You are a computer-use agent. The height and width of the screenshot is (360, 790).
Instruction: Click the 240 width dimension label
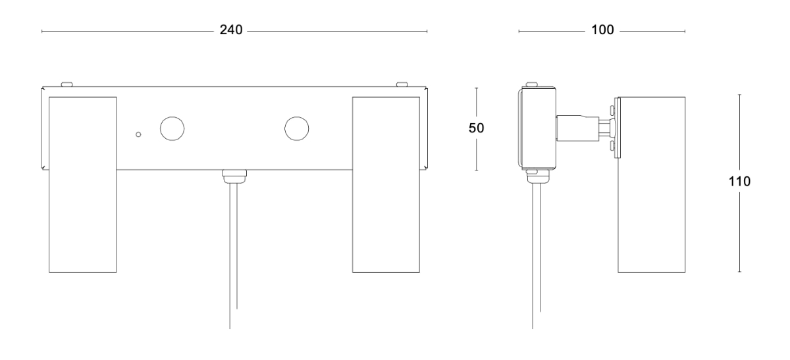(231, 30)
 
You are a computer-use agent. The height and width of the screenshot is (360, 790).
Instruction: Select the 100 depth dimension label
(602, 30)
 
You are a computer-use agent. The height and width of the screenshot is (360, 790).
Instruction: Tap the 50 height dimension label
(476, 128)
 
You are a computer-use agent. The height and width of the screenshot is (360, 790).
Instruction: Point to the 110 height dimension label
(739, 182)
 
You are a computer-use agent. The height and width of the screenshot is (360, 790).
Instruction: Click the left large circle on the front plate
(172, 129)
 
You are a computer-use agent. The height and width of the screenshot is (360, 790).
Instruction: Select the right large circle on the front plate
(297, 129)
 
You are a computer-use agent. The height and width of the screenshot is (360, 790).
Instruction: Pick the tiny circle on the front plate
(139, 134)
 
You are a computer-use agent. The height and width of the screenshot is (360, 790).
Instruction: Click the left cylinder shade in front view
(82, 184)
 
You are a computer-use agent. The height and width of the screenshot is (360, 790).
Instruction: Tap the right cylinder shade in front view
(386, 184)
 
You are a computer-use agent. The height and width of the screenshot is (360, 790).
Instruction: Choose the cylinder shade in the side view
(651, 184)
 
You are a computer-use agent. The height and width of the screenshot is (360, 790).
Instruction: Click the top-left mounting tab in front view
(66, 85)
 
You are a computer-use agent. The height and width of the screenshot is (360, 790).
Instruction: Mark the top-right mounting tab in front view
(402, 85)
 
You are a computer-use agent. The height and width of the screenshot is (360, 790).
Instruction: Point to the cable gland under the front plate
(234, 176)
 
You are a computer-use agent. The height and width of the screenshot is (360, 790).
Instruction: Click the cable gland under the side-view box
(539, 176)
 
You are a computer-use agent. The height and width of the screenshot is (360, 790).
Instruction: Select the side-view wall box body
(537, 128)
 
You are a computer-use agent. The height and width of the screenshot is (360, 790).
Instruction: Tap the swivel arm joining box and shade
(585, 128)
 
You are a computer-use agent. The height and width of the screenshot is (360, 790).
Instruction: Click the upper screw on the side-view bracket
(613, 111)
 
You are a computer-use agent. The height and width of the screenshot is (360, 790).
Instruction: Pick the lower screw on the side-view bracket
(613, 146)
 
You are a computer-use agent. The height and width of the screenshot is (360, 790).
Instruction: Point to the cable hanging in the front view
(234, 256)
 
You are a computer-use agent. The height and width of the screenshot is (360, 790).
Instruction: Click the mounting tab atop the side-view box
(532, 85)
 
